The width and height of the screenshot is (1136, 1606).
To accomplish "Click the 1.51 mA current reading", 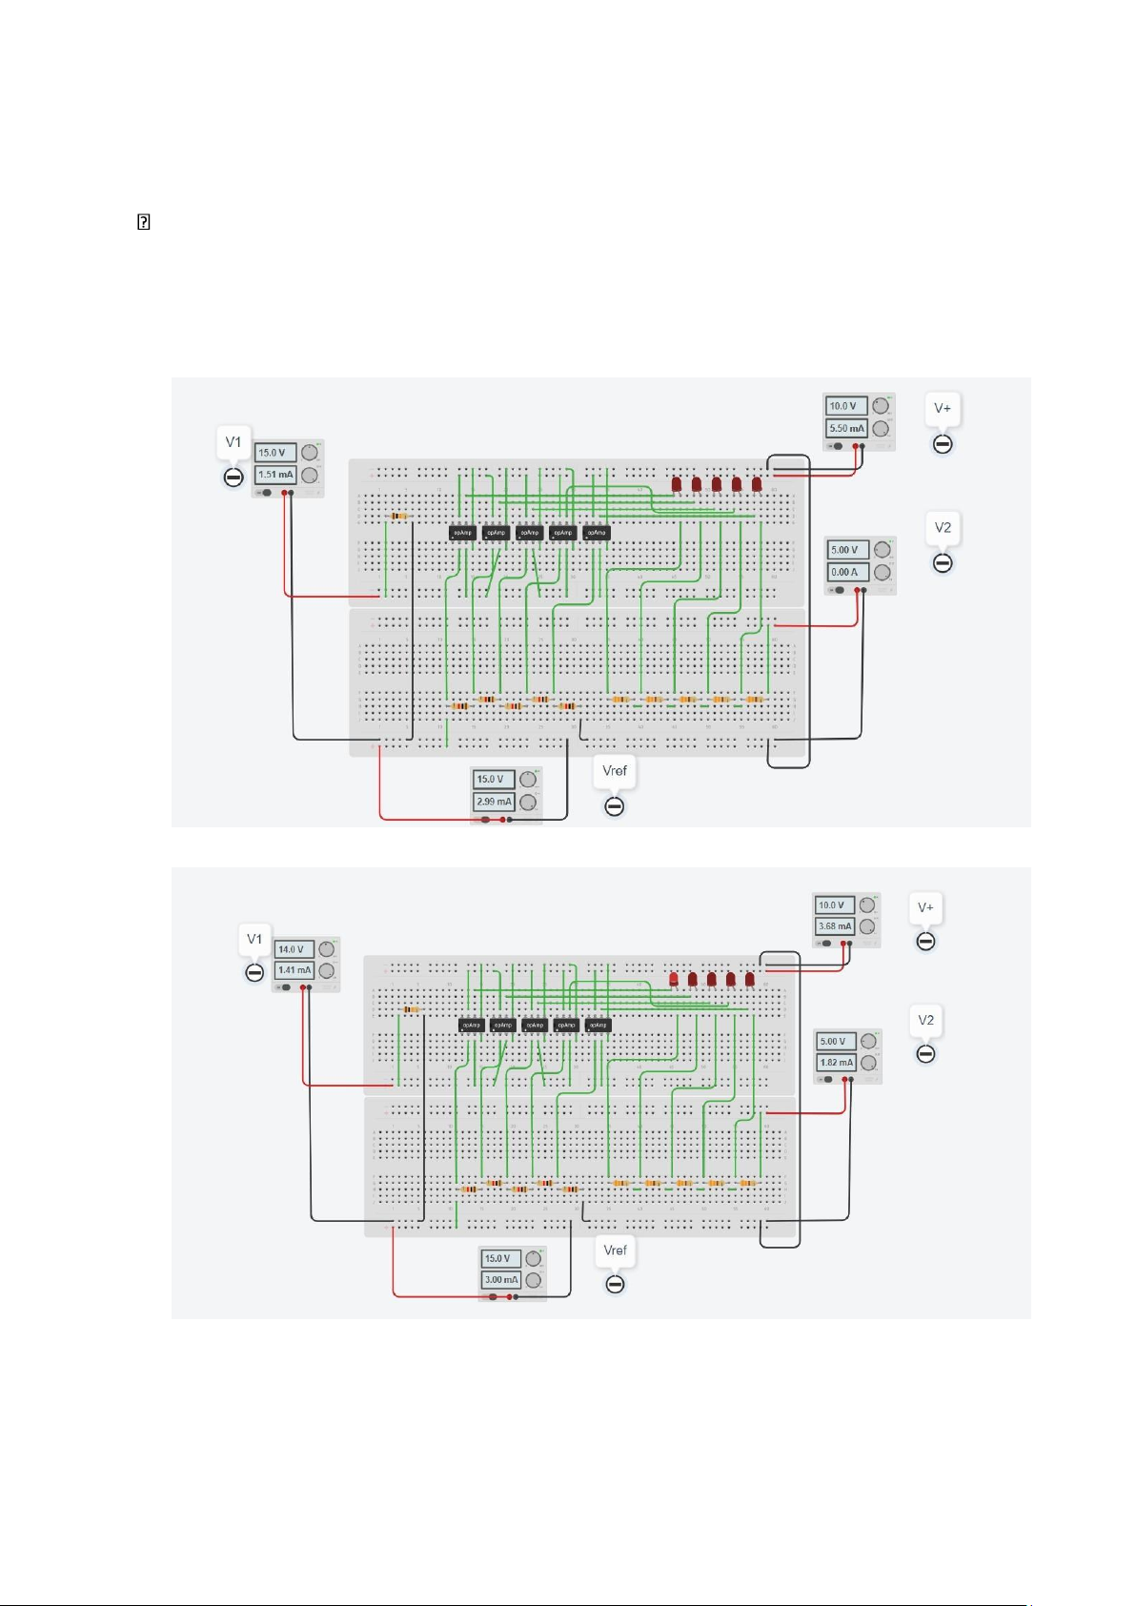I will (x=275, y=475).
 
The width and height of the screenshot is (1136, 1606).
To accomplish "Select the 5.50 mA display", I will (x=846, y=429).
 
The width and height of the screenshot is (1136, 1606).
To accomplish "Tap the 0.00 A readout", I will (x=846, y=573).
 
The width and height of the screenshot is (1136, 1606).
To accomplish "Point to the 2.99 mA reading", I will (x=494, y=803).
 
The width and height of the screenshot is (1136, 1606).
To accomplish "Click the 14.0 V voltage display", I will (x=294, y=949).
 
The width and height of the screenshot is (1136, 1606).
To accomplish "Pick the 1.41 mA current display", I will (x=294, y=970).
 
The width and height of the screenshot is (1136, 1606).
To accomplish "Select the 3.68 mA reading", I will (x=835, y=926).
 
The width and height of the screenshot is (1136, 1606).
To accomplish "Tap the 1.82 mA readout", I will (x=836, y=1063).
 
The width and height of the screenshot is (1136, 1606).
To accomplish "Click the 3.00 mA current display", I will (x=500, y=1280).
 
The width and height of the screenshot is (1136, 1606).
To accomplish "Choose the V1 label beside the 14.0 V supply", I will (x=254, y=939).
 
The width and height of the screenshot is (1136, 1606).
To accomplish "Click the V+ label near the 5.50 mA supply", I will (x=943, y=408).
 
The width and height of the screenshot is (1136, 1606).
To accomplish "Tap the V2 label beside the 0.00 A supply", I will (x=943, y=527).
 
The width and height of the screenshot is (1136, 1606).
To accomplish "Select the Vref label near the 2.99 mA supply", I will (x=615, y=770).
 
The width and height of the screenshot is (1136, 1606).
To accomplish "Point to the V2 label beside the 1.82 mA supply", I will (x=925, y=1020).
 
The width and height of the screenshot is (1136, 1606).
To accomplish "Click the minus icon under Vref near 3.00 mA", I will (x=616, y=1285).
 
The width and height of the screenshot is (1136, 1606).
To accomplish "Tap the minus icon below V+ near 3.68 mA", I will (x=925, y=942).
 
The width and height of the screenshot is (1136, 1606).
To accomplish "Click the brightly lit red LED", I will (x=674, y=979).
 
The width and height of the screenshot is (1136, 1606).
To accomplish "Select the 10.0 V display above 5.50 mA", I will (x=845, y=406).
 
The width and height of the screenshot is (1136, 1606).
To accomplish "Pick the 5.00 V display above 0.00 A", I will (x=846, y=550).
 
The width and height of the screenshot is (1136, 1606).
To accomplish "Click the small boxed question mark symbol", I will (x=144, y=223).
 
